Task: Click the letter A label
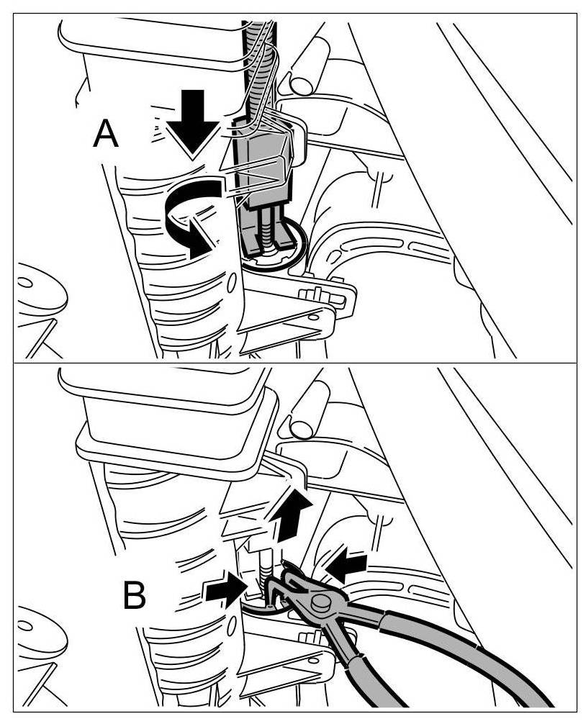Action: coord(106,135)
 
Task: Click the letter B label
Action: coord(135,595)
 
